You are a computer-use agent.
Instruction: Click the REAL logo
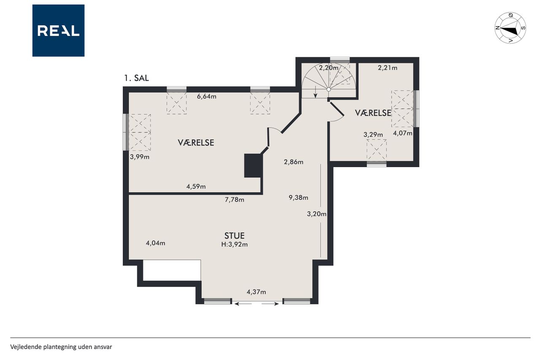(58, 31)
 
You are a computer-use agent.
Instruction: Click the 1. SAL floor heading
(136, 78)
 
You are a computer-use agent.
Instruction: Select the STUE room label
(234, 235)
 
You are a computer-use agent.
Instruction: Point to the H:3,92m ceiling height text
(234, 244)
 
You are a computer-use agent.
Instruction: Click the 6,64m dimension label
(207, 97)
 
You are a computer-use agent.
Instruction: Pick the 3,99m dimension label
(140, 157)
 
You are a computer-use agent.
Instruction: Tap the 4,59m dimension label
(196, 187)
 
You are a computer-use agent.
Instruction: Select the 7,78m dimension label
(235, 200)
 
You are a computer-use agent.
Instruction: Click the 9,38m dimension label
(298, 198)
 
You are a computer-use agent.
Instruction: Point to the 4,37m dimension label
(256, 292)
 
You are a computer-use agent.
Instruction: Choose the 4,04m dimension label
(156, 243)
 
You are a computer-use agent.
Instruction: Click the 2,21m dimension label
(388, 68)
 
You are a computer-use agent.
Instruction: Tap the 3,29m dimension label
(373, 135)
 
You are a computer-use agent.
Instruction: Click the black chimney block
(253, 166)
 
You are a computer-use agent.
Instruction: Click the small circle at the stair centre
(328, 89)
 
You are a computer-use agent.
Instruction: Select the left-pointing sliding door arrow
(243, 304)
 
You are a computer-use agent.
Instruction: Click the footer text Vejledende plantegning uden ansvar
(61, 347)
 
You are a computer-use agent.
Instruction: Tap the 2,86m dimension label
(294, 162)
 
